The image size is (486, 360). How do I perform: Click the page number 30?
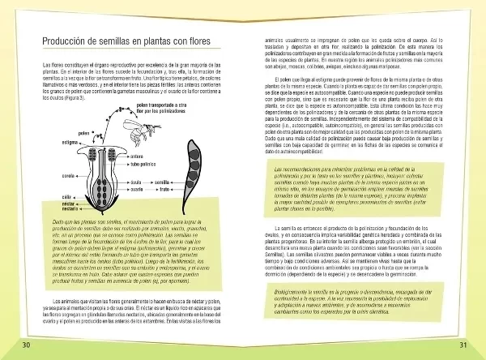coord(27,345)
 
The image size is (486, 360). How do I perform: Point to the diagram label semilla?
coord(162,182)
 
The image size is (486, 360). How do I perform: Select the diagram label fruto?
coord(162,190)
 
